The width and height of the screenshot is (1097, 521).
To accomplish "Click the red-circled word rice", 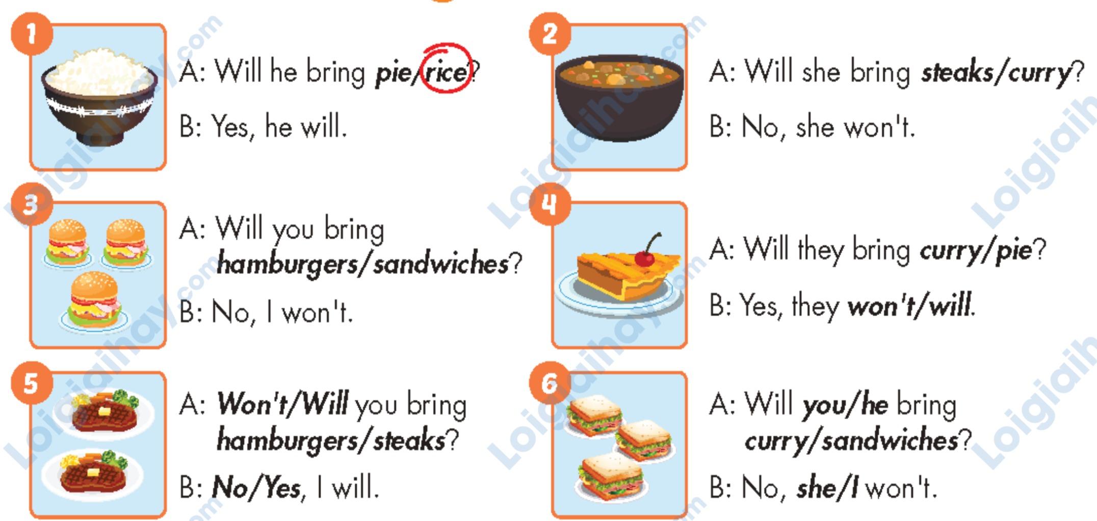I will click(446, 72).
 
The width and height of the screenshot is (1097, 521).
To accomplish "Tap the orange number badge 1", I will click(32, 34).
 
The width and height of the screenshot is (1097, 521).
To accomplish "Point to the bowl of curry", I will click(619, 97).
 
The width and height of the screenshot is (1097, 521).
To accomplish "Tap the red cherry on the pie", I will click(645, 259).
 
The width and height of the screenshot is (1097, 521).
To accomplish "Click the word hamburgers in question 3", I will click(286, 264).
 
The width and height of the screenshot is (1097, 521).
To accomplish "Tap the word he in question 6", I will click(875, 405).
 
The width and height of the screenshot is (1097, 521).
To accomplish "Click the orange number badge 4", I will click(550, 204).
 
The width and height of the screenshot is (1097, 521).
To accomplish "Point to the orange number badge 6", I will click(550, 383).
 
